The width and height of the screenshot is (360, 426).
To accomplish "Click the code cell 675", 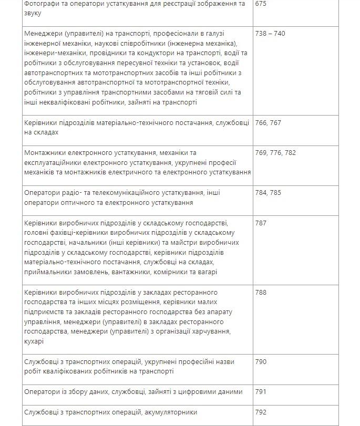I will pos(261,4).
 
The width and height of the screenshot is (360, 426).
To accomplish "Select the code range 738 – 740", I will pos(270,34).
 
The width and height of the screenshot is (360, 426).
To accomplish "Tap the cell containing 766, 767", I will pos(268,122).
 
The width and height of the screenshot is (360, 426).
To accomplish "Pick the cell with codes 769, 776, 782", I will pos(275,153).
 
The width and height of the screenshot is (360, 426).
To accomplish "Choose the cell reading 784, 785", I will pos(268,193).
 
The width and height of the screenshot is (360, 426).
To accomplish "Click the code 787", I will pos(261,223).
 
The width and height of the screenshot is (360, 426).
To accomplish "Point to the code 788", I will pos(261,292).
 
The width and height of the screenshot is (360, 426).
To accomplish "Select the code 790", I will pos(261,361).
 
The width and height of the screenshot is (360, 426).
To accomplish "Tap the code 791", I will pos(261,392).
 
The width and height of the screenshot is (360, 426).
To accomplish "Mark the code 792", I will pos(261,412).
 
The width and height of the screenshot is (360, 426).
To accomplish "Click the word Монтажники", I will pos(46,153).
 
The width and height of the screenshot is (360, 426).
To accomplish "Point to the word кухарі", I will pos(35,341).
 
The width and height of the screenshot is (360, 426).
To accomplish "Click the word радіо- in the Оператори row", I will pos(73,193).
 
